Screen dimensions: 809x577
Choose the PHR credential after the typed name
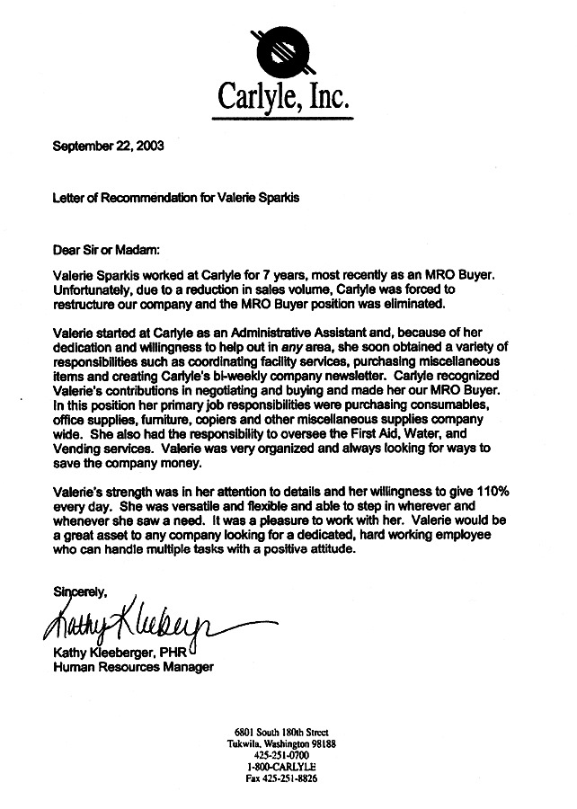coord(174,652)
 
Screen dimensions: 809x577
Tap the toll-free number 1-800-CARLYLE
coord(280,767)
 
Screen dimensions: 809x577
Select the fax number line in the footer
coord(280,778)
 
